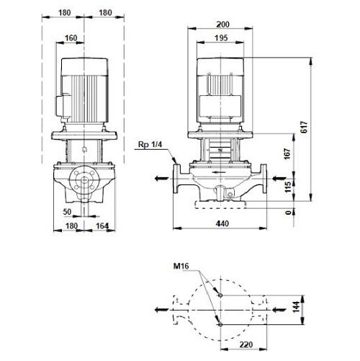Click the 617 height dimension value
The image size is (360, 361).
(304, 127)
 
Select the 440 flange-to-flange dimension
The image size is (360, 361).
(222, 223)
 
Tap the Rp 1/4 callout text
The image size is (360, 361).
(150, 145)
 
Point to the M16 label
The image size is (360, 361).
(181, 266)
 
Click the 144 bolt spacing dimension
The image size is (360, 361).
(297, 307)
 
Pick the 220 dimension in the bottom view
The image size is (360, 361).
(246, 344)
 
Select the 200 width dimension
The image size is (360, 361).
(223, 24)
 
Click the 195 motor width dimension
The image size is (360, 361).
(221, 38)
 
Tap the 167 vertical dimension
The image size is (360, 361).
(288, 153)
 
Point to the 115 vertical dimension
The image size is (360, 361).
(288, 187)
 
